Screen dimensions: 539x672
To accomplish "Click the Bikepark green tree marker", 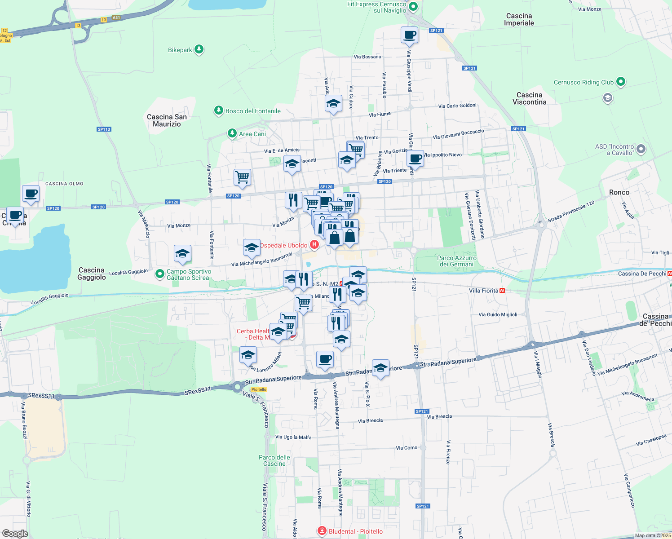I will coord(199,49).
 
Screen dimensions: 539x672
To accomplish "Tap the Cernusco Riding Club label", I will coord(584,82).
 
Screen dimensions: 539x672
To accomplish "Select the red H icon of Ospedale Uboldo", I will coord(314,245).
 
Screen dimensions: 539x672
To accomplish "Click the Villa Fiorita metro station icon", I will coord(502,291).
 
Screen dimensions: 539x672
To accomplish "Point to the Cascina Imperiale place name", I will coord(519,19).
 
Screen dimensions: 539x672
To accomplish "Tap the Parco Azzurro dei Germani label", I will coord(456,261).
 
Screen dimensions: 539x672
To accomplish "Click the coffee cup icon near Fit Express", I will coord(409,35).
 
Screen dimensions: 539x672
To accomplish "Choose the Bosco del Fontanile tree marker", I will coord(219,110).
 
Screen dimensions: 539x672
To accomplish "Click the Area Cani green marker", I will coord(232,133).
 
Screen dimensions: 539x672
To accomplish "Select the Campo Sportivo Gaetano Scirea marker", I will coord(159,274).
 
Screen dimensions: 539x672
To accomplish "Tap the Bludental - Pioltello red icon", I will coord(322,531).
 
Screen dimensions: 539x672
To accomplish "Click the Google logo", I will coord(15,533).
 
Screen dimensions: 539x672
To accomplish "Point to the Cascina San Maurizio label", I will coord(167,120).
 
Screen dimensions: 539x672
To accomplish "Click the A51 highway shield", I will coord(116,18).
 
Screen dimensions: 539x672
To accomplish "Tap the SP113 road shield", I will coord(104,129).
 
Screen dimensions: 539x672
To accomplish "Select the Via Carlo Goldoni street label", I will coord(457,106).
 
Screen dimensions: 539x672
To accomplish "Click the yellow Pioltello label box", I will coord(259,389).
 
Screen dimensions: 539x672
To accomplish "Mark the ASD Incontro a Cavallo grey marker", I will coord(641,149).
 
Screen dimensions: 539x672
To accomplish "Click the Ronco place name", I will coord(619,192).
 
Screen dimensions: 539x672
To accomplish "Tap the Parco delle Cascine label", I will coord(274,460).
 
